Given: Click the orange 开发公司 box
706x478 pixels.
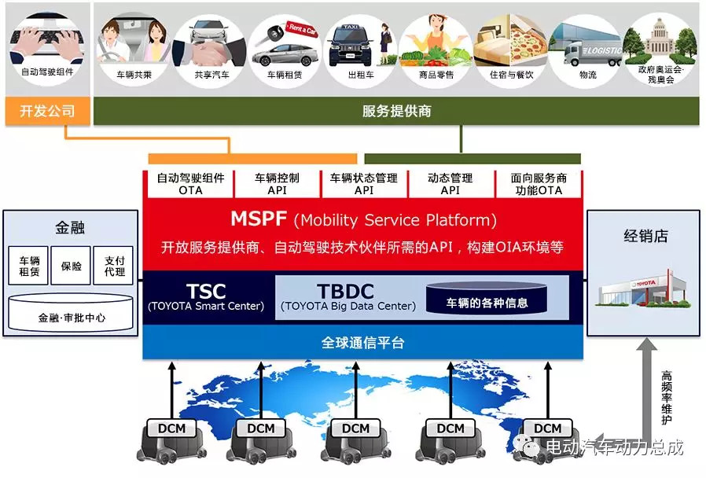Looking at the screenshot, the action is (47, 111).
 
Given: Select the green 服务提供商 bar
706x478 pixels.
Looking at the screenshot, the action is (396, 111).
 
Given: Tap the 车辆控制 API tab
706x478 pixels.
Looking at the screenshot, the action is (277, 184).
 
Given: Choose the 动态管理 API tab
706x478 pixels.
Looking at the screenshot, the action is (450, 184).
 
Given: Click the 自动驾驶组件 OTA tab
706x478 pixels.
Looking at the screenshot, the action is (190, 184).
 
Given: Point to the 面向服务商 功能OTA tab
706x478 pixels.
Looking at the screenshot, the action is (539, 184).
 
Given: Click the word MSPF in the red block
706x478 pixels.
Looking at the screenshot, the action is (259, 219).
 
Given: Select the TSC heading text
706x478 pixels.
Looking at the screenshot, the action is (206, 291).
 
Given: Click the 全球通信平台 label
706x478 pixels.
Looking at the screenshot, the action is (363, 343).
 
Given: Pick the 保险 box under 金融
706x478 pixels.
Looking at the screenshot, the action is (71, 266).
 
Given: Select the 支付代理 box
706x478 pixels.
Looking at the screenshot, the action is (114, 266).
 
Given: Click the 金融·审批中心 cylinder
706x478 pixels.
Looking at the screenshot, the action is (71, 313).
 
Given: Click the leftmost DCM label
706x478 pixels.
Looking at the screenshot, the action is (171, 428).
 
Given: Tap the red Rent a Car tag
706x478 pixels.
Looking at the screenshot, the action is (303, 30).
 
